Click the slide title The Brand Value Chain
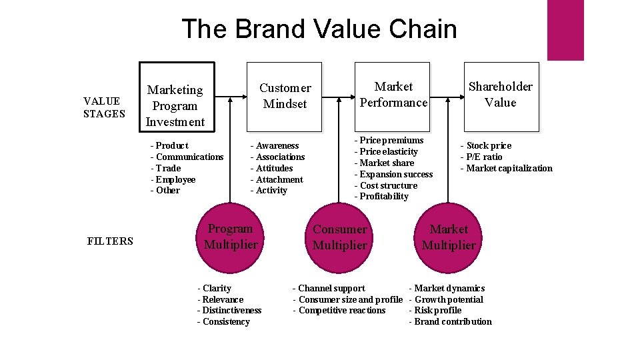pos(319,29)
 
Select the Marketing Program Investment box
pos(176,97)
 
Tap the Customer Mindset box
pos(285,97)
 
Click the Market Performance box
pos(393,97)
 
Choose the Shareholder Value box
pos(500,97)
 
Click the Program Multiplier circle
pos(231,237)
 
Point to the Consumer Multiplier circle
pos(340,237)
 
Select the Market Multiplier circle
pos(449,237)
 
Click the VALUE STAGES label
pos(103,107)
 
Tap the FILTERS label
pos(110,241)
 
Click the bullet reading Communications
pos(189,157)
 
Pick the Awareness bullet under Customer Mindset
pos(277,145)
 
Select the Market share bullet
pos(386,163)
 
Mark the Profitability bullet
pos(383,196)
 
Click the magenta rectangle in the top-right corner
pos(565,30)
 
